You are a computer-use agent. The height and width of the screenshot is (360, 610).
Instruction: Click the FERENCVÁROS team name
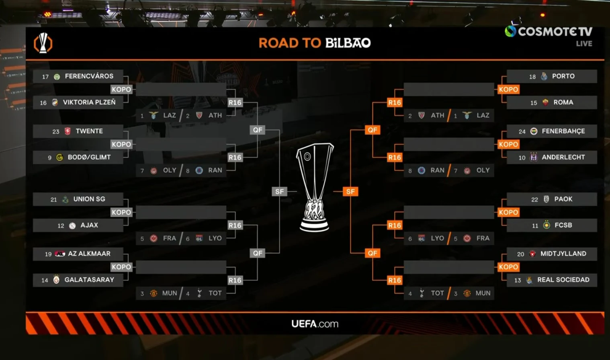point(89,76)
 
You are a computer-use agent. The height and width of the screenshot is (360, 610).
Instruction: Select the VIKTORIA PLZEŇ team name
point(89,102)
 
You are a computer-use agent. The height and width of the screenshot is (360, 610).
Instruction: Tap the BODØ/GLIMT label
point(89,157)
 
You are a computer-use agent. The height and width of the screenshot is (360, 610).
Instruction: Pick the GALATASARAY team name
point(89,280)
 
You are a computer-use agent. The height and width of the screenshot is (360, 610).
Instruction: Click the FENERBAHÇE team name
point(563,131)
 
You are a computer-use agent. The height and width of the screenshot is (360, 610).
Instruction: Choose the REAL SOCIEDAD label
point(563,280)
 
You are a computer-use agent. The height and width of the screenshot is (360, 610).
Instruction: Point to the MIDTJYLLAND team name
point(563,254)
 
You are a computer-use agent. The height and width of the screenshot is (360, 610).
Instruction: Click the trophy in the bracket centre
point(315,187)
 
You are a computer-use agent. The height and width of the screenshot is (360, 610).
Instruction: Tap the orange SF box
point(350,192)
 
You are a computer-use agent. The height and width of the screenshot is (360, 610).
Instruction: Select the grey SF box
point(279,192)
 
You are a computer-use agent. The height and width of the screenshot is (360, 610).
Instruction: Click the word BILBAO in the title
point(348,43)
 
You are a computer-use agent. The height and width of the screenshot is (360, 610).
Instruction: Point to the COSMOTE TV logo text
point(555,31)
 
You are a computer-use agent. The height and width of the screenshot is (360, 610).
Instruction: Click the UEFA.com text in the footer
point(315,324)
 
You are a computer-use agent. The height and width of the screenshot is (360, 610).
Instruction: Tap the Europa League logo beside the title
point(43,43)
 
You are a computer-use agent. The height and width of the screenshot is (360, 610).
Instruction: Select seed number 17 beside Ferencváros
point(45,77)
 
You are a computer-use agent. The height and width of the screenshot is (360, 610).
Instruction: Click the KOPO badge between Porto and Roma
point(508,89)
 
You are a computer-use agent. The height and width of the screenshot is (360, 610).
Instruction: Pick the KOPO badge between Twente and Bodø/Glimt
point(121,144)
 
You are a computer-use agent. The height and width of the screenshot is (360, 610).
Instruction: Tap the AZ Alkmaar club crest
point(60,254)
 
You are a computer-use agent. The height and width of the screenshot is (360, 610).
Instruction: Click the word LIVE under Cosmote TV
point(584,43)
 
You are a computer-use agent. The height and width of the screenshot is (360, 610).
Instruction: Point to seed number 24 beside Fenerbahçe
point(522,131)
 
